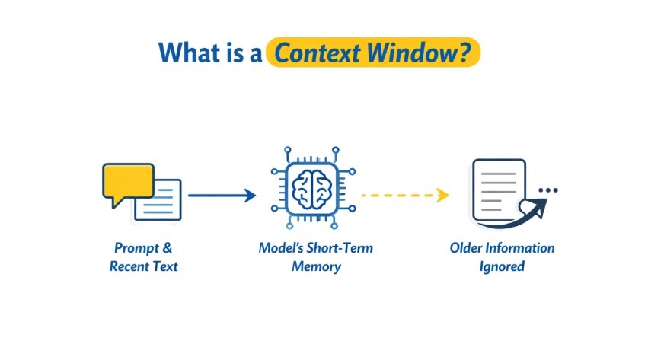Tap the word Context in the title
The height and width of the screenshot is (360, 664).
tap(318, 53)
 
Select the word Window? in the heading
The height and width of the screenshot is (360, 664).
tap(419, 53)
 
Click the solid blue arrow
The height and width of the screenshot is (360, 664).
tap(222, 196)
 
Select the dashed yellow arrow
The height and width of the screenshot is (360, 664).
tap(405, 195)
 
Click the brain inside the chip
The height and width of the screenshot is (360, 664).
tap(312, 188)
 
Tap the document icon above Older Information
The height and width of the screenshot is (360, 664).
tap(499, 190)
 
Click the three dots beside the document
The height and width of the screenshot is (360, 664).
tap(548, 190)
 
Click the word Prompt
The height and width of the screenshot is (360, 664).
tap(136, 248)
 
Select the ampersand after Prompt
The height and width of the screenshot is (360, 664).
tap(168, 247)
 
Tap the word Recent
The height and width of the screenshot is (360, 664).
tap(127, 266)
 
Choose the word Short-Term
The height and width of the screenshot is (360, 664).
tap(340, 248)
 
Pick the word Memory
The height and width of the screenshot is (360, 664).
tap(316, 266)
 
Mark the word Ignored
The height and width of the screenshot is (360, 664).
tap(502, 266)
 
